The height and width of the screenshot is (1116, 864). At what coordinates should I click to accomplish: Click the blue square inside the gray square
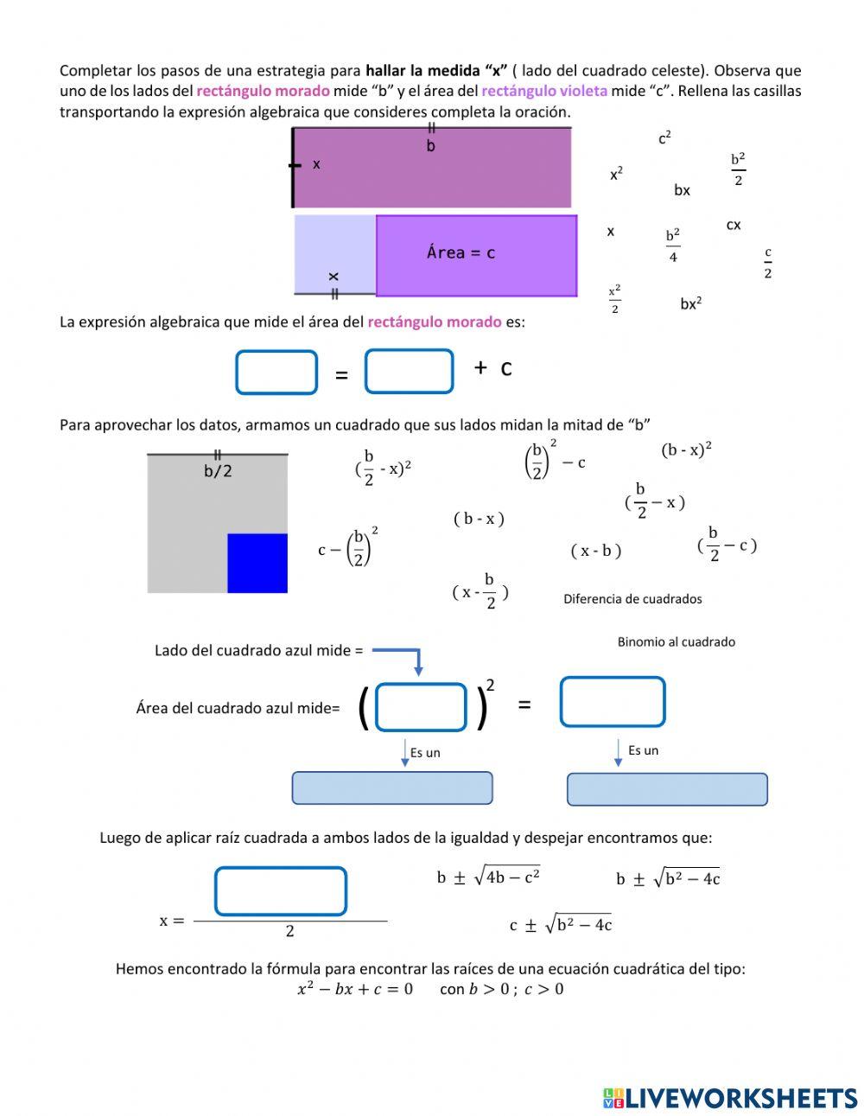[x=257, y=563]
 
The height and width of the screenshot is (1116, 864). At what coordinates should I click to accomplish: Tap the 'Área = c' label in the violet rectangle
[x=461, y=252]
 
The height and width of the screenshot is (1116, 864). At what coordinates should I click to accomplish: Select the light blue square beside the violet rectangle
[x=334, y=254]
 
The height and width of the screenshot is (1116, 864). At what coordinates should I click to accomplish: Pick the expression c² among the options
[x=664, y=138]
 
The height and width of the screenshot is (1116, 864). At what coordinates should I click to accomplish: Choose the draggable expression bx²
[x=690, y=303]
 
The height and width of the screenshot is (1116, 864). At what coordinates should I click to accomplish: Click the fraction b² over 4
[x=673, y=246]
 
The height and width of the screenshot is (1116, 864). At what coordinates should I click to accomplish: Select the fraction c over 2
[x=767, y=263]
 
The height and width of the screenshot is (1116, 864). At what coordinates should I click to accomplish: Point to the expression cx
[x=734, y=225]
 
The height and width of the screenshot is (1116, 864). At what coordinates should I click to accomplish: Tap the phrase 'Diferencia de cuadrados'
[x=632, y=599]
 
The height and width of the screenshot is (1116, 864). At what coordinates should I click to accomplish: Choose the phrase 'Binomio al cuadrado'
[x=676, y=641]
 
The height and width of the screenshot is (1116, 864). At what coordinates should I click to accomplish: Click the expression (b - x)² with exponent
[x=686, y=450]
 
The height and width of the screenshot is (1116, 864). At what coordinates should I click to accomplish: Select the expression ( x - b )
[x=596, y=551]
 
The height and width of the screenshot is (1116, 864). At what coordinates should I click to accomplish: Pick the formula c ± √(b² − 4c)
[x=561, y=925]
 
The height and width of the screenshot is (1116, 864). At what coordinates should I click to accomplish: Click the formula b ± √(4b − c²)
[x=488, y=877]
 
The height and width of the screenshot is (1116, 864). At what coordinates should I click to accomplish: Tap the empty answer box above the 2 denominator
[x=281, y=891]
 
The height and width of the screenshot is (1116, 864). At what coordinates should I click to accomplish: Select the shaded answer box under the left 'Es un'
[x=392, y=788]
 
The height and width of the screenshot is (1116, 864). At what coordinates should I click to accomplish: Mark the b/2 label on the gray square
[x=218, y=471]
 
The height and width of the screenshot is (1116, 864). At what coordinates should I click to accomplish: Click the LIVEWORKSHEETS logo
[x=730, y=1098]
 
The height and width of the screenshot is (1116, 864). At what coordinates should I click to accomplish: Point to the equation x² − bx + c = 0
[x=355, y=989]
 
